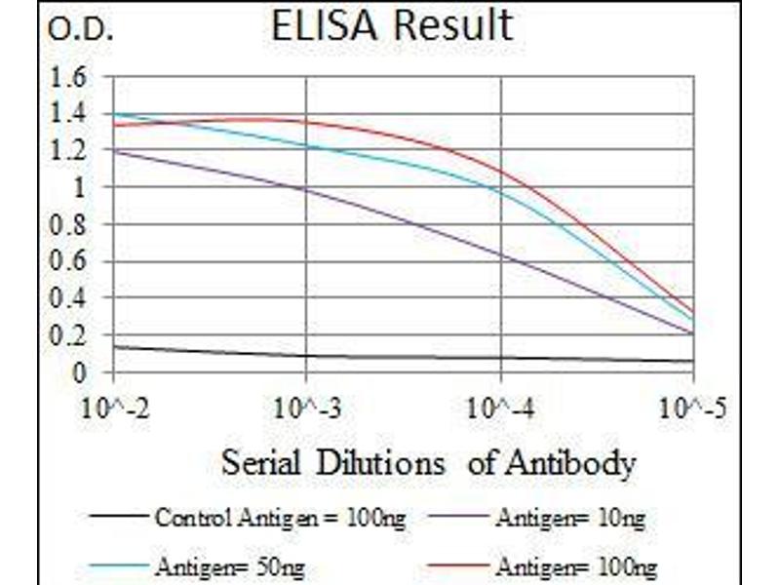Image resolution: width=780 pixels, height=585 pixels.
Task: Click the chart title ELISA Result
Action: click(x=392, y=26)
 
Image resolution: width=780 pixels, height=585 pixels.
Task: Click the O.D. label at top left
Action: click(x=81, y=31)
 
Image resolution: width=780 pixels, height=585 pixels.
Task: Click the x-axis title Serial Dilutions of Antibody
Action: click(x=429, y=461)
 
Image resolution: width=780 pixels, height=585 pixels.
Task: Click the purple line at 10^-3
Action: click(x=307, y=189)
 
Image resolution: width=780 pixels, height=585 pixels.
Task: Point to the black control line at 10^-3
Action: click(x=307, y=356)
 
